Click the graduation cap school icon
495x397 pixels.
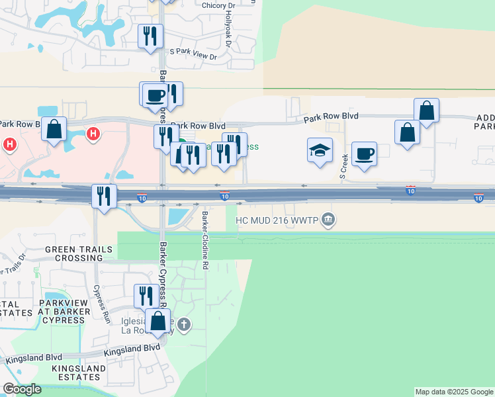click(320, 150)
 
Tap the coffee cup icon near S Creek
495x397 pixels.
click(364, 154)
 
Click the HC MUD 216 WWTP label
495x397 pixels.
click(277, 220)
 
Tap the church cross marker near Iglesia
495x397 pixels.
click(185, 324)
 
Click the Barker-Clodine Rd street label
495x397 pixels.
click(206, 240)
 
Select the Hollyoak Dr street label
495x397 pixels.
click(229, 26)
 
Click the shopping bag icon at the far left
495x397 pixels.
click(54, 129)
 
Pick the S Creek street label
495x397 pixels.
click(343, 166)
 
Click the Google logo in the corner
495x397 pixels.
click(21, 389)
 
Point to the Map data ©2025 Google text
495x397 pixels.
click(455, 392)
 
